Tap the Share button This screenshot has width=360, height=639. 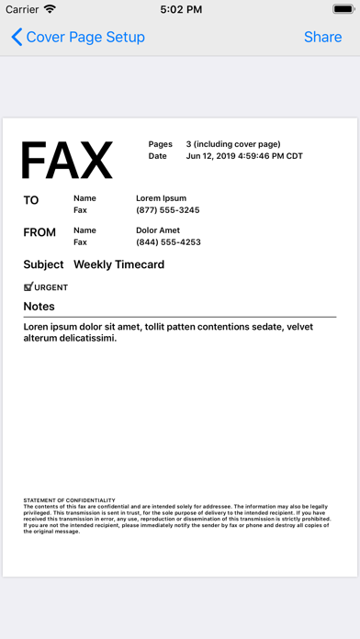point(322,37)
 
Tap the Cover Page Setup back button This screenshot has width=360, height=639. point(78,37)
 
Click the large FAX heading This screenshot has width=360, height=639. point(66,161)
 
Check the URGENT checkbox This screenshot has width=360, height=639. point(28,286)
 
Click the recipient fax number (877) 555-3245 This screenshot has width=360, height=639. point(167,210)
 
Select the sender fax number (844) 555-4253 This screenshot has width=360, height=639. point(168,242)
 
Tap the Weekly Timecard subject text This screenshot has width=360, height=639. point(119,265)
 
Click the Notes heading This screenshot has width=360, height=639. point(39,307)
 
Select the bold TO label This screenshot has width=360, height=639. point(31,200)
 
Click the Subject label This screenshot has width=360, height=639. point(43,265)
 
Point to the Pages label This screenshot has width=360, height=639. point(161,144)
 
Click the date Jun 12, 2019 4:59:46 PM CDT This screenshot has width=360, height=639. point(244,156)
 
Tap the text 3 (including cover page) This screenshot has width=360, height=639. point(233,144)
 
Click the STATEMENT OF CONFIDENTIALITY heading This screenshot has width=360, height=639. point(69,500)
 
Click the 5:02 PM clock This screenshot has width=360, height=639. point(180,9)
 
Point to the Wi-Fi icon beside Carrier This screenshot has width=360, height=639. point(50,9)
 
